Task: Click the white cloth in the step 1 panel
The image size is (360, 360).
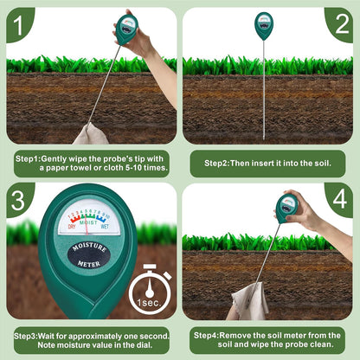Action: [x=90, y=134]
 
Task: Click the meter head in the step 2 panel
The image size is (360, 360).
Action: [x=264, y=25]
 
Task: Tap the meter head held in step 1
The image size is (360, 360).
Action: [x=127, y=29]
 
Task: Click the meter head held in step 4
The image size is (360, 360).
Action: [x=287, y=208]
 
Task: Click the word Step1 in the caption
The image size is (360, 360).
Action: [x=29, y=159]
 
